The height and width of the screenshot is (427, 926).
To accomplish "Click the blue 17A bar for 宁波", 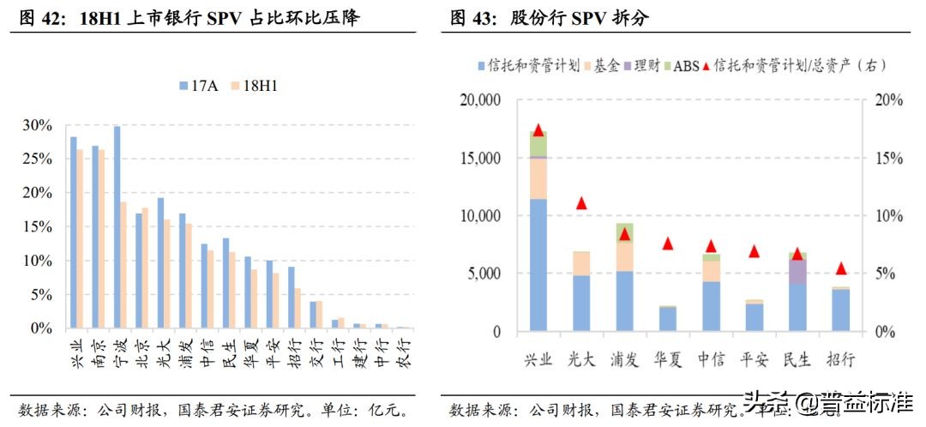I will coord(117,227).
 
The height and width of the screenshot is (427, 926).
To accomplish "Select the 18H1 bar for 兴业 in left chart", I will coord(80,239).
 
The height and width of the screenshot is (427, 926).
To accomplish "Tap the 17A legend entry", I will coord(199,86).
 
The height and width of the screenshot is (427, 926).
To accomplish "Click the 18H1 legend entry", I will coord(257,86).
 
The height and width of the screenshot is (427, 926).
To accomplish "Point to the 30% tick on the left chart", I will coord(37,125).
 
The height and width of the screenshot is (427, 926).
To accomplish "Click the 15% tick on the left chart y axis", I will coord(37,227).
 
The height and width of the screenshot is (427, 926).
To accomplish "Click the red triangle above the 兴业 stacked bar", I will coord(538,130).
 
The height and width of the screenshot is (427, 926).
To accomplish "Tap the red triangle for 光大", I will coord(581,203).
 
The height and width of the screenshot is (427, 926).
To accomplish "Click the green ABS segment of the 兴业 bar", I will coord(538,144).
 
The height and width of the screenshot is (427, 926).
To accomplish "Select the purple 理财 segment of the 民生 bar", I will coord(797,271).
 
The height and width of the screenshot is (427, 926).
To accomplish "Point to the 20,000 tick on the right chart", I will coord(480,100).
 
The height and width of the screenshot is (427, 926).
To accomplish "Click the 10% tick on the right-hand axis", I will coord(890,216).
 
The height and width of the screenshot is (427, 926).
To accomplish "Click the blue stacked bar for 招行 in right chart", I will coord(840,310).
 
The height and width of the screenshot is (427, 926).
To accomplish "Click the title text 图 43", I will coord(470,18).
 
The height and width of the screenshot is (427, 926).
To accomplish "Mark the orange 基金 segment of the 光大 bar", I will coord(581,263).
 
